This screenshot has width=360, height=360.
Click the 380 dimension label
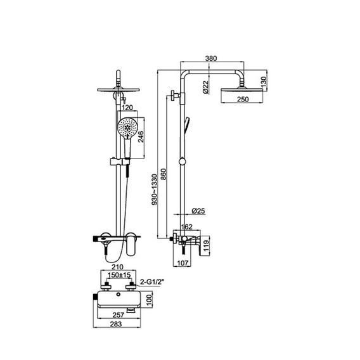(211, 58)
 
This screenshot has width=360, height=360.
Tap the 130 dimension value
(264, 82)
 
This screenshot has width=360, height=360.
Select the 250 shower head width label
(243, 99)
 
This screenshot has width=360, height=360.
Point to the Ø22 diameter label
(206, 87)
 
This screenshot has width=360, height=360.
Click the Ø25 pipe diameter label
(198, 211)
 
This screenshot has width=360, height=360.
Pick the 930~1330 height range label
(155, 190)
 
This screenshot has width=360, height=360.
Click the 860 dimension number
(164, 174)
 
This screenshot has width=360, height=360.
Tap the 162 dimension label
(187, 227)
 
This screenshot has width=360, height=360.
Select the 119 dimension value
(206, 245)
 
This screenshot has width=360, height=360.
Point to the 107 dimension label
(183, 263)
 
